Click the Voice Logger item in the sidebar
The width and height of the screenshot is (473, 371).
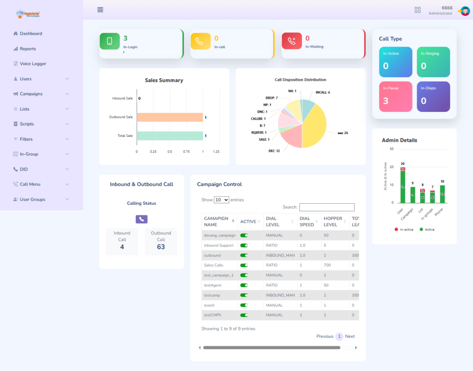tap(32, 64)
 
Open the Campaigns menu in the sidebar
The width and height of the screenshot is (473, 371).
tap(31, 94)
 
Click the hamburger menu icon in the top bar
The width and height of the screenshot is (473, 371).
tap(100, 10)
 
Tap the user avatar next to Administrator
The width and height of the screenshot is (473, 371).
tap(464, 10)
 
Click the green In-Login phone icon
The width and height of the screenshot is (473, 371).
tap(109, 41)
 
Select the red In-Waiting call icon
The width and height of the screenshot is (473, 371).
tap(291, 41)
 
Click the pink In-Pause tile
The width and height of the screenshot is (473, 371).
tap(396, 97)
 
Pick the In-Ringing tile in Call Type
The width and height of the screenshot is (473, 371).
tap(433, 62)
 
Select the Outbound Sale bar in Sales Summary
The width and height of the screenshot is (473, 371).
tap(170, 117)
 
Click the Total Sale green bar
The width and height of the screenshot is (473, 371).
tap(170, 136)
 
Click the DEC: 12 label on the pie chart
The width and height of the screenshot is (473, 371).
tap(274, 151)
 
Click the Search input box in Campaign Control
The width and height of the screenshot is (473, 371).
tap(327, 207)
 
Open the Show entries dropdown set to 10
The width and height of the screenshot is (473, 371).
tap(221, 200)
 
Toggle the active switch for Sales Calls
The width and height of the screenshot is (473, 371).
tap(244, 265)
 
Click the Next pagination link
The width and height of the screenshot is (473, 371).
tap(350, 336)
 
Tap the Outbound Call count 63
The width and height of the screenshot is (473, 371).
tap(161, 247)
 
